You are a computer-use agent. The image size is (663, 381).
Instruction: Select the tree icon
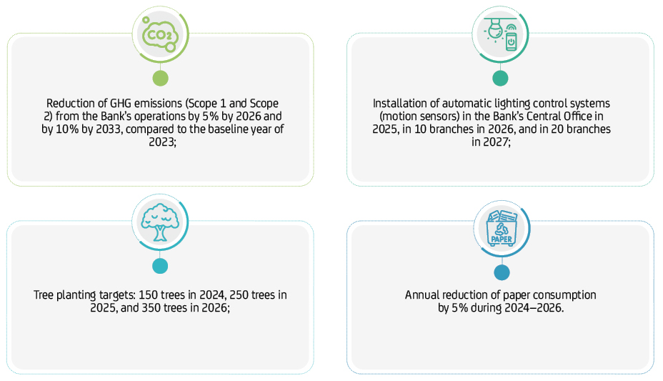pyautogui.click(x=159, y=222)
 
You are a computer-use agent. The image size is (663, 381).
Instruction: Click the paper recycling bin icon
pyautogui.click(x=502, y=228)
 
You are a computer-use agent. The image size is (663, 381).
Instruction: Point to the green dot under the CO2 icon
pyautogui.click(x=161, y=78)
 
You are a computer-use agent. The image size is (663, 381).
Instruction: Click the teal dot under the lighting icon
pyautogui.click(x=500, y=78)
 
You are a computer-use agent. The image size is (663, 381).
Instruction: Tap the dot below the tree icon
pyautogui.click(x=160, y=265)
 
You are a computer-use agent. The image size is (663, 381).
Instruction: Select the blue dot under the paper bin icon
pyautogui.click(x=502, y=272)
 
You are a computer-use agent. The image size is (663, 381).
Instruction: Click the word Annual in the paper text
pyautogui.click(x=421, y=295)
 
